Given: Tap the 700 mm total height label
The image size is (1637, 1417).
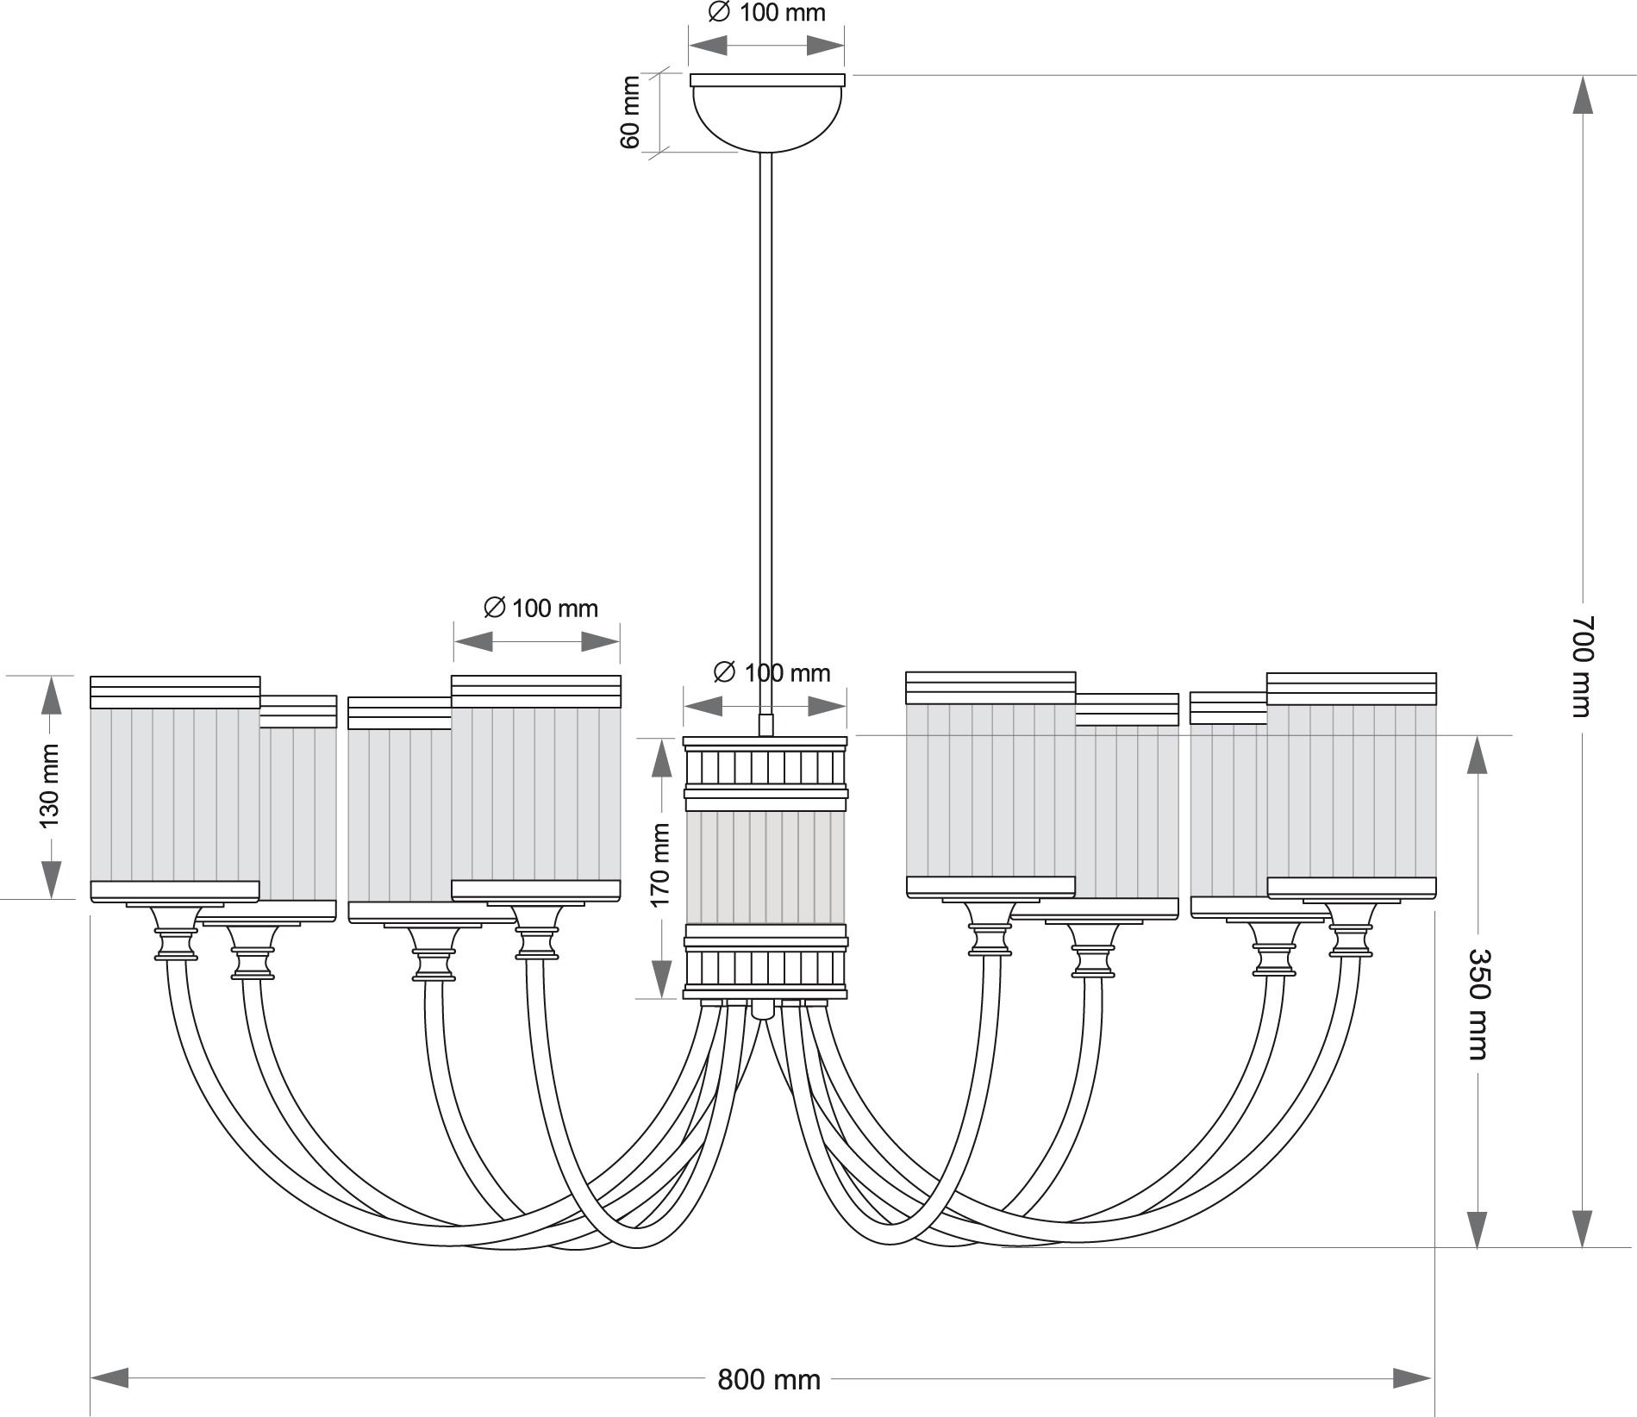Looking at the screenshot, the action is (x=1581, y=665).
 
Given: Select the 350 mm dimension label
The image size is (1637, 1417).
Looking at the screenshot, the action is (x=1478, y=1004).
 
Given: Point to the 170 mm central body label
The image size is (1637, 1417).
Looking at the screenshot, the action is (x=660, y=865).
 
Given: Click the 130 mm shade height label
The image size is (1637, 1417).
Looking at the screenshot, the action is (x=51, y=786).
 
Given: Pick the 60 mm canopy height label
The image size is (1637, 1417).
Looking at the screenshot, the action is (x=631, y=112).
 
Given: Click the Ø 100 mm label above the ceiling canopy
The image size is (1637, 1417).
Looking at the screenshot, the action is (x=766, y=13).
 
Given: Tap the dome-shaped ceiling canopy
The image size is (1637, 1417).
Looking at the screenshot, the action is (x=767, y=112).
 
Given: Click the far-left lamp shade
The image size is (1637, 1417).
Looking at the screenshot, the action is (x=175, y=790).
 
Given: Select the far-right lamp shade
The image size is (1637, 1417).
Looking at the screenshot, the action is (x=1352, y=786).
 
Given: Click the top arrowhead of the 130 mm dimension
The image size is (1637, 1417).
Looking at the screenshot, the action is (x=52, y=695).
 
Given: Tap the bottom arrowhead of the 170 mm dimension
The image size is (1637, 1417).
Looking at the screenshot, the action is (x=661, y=980).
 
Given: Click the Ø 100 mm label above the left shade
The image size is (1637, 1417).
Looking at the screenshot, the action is (x=540, y=609).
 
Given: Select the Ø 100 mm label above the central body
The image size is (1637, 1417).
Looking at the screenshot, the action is (x=772, y=672).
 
